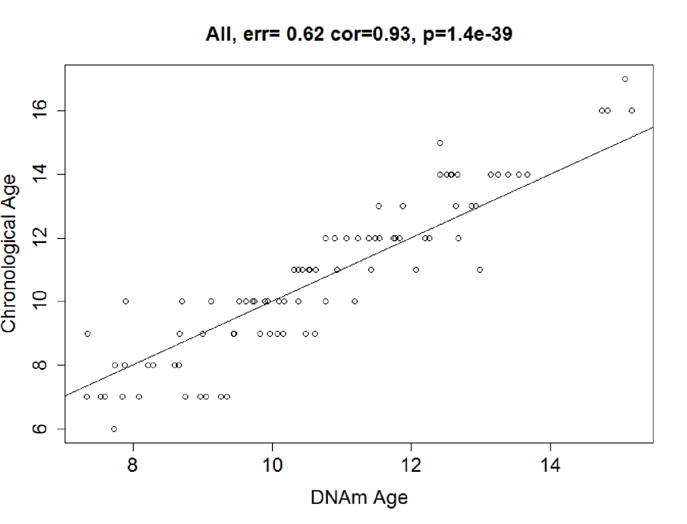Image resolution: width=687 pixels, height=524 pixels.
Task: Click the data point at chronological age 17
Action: (x=625, y=79)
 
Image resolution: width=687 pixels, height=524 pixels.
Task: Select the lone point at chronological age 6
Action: (x=114, y=429)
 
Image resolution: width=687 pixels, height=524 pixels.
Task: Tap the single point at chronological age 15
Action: (x=440, y=143)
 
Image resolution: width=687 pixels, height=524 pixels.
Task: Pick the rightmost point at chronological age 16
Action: (x=632, y=110)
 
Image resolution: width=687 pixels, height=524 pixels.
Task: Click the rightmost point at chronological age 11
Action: (x=480, y=269)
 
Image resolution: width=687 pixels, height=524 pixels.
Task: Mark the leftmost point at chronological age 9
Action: (x=88, y=334)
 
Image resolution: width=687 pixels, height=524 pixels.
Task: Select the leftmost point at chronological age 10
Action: (x=125, y=301)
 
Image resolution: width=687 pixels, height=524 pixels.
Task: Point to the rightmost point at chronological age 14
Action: (x=527, y=174)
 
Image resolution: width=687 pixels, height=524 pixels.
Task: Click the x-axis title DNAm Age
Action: (x=359, y=498)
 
